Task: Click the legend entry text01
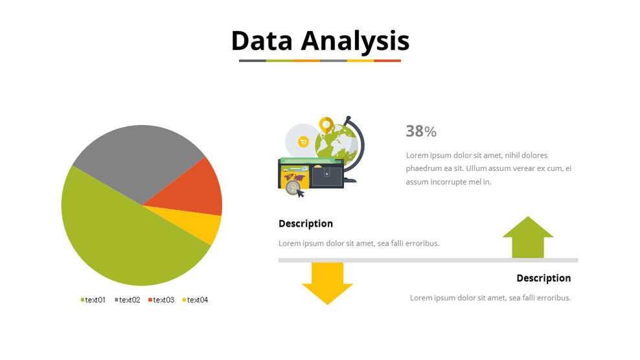pos(93,300)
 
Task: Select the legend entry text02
pos(128,300)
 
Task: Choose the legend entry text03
pos(162,300)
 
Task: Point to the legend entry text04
pos(196,300)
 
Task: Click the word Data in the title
pos(263,40)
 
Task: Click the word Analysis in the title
pos(355,40)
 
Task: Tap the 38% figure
pos(421,131)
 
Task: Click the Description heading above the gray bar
pos(306,223)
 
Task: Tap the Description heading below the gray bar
pos(543,278)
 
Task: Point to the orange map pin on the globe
pos(326,124)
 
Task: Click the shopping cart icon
pos(303,142)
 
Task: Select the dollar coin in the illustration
pos(293,188)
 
